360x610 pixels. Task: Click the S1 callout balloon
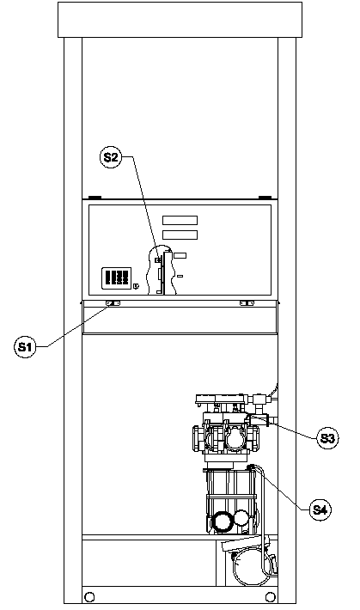point(25,346)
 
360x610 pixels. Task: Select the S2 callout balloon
point(111,156)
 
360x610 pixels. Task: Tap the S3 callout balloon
point(327,438)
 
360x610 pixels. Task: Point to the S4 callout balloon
point(320,509)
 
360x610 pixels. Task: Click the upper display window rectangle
point(180,221)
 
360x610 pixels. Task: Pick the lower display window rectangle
point(180,235)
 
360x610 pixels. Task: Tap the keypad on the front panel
point(116,278)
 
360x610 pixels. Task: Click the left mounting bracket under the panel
point(113,303)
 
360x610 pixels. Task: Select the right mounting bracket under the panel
point(247,303)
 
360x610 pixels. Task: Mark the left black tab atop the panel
point(95,198)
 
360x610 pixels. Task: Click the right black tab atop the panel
point(265,198)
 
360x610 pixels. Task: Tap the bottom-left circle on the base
point(89,597)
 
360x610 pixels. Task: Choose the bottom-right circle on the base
point(270,597)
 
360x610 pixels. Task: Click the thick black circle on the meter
point(222,521)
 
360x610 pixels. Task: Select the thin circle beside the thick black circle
point(241,517)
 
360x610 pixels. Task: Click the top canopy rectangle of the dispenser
point(180,20)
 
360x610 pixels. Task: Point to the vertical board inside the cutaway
point(168,273)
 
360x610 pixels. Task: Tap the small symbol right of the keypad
point(136,286)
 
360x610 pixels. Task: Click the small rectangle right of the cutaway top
point(180,255)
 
